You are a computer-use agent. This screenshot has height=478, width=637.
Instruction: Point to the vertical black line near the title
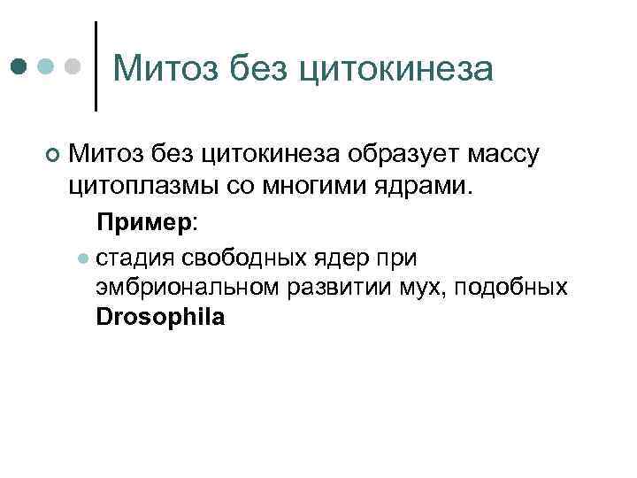click(x=96, y=66)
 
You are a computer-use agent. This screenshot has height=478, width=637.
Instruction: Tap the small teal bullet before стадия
click(x=81, y=258)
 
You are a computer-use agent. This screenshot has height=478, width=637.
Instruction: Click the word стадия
click(x=133, y=258)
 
